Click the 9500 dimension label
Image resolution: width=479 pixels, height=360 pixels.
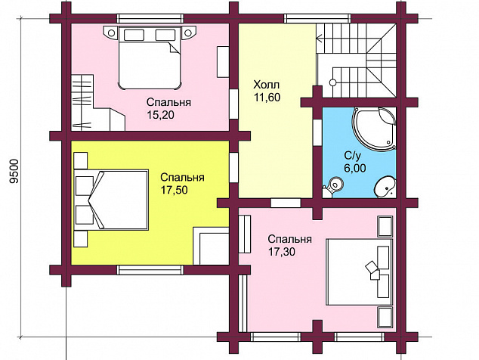(x=14, y=171)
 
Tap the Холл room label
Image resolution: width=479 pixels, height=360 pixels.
(x=267, y=84)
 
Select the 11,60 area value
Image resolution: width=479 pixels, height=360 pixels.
(x=267, y=98)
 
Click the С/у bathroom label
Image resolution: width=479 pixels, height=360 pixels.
(x=353, y=155)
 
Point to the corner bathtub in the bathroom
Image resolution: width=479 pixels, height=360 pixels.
(x=374, y=129)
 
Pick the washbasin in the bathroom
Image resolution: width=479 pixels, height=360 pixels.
(x=385, y=187)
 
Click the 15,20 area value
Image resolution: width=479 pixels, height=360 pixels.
(x=160, y=115)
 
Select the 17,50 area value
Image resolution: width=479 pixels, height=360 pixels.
(x=174, y=190)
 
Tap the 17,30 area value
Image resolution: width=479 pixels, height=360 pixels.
(x=282, y=251)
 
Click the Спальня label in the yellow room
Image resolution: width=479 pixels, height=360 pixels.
(x=182, y=177)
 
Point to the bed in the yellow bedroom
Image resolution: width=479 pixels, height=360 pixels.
(x=111, y=200)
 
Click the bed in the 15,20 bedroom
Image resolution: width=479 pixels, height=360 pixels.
(x=150, y=58)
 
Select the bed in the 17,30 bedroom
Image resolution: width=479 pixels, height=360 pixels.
(x=360, y=272)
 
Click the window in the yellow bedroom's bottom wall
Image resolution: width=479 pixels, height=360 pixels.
(x=150, y=270)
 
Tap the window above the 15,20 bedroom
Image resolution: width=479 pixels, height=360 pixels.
(x=150, y=18)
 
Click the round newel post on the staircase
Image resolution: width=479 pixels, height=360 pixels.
(x=332, y=82)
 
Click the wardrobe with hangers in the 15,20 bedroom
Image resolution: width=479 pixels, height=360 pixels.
(x=82, y=102)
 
